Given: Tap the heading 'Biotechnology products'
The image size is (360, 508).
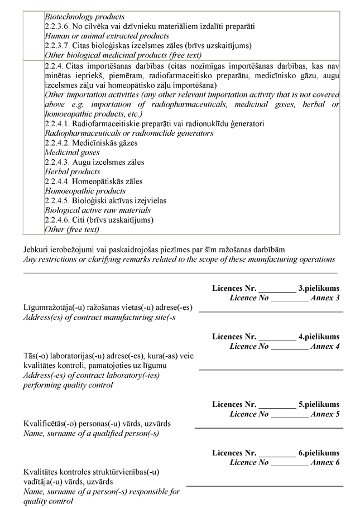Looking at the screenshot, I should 84,17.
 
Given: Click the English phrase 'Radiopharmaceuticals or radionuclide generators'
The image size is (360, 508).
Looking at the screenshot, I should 128,133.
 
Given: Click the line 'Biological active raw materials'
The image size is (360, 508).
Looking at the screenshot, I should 97,210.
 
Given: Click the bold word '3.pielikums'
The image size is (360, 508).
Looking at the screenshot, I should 319,289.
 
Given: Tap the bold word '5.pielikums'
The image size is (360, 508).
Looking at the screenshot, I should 319,405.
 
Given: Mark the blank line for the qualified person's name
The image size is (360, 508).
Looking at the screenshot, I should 268,428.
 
